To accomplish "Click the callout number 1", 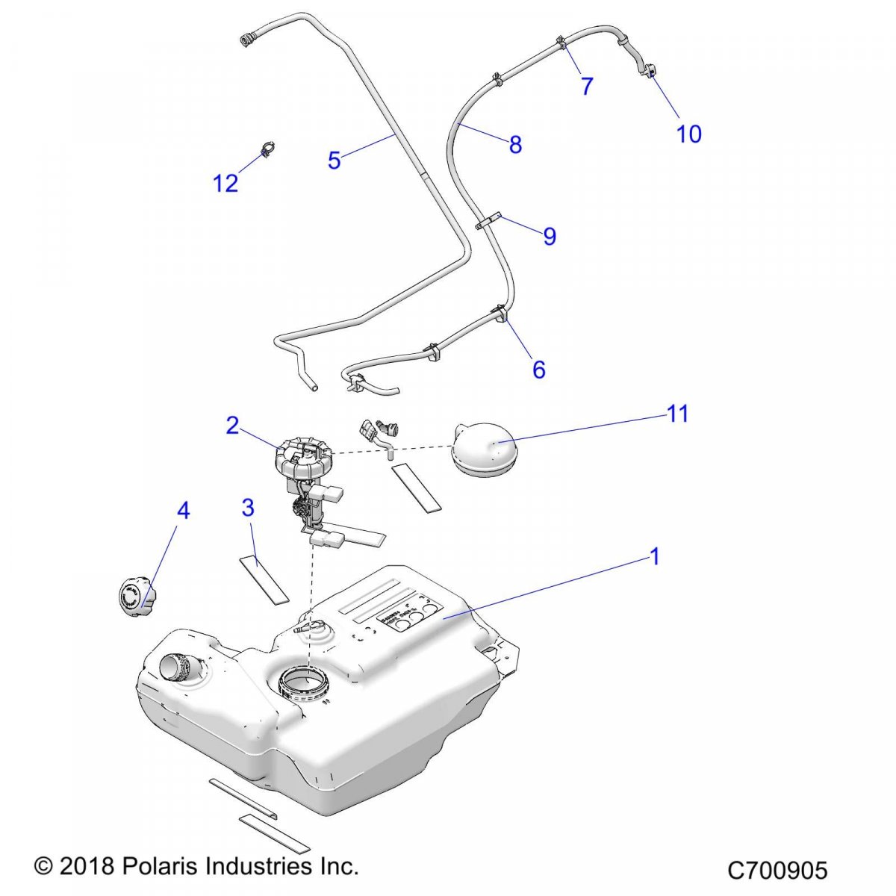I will tap(655, 557).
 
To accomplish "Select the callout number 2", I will tap(232, 426).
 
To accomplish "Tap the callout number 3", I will tap(248, 508).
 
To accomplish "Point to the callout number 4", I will tap(183, 511).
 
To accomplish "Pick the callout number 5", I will tap(334, 160).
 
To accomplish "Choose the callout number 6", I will tap(538, 369).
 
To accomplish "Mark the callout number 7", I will tap(587, 87).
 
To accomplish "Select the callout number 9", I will tap(550, 237).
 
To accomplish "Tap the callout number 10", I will tap(689, 134).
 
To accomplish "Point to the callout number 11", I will tap(677, 414).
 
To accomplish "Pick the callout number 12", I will tap(225, 183).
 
